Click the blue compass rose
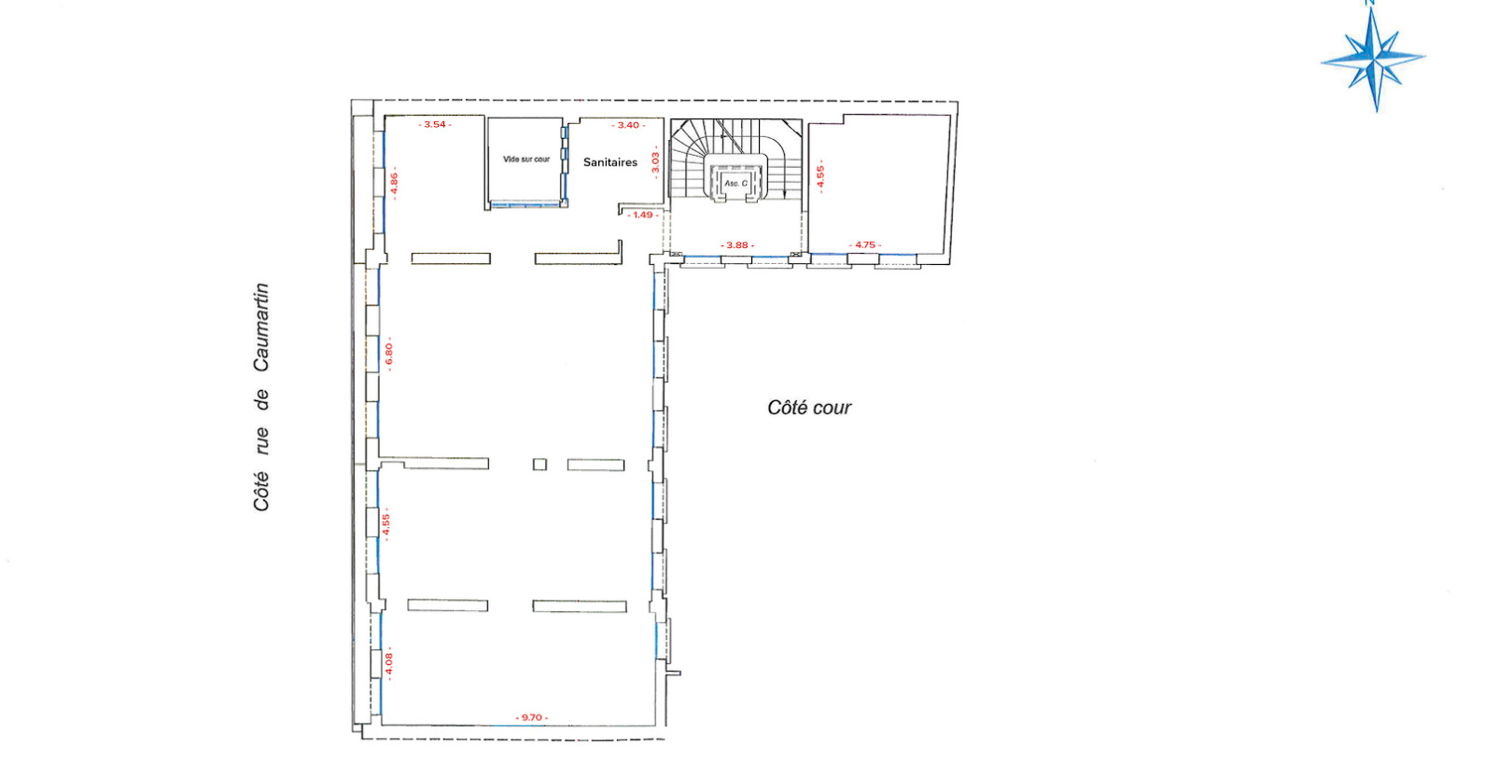(1373, 58)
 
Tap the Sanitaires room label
(610, 162)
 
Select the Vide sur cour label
(526, 160)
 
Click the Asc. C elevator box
(736, 183)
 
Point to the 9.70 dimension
(532, 717)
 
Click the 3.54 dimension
(435, 124)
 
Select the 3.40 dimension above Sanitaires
(629, 125)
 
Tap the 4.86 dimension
(395, 183)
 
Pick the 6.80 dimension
(389, 354)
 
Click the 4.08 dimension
(389, 663)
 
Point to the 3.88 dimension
(737, 245)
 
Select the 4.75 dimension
(865, 245)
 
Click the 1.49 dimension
(643, 215)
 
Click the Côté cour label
(809, 408)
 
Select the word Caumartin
(261, 327)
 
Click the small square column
(539, 464)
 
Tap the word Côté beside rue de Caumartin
(261, 492)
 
